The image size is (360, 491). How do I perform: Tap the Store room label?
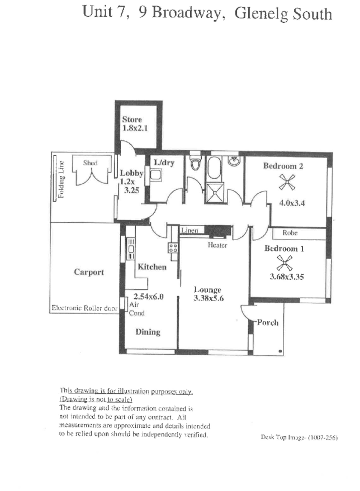(132, 120)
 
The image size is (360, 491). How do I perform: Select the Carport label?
(89, 272)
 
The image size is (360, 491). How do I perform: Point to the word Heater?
(217, 245)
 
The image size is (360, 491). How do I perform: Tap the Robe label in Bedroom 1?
(289, 232)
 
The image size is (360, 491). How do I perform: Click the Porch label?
(267, 322)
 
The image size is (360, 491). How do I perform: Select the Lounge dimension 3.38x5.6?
(208, 298)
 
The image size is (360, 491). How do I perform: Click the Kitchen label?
(152, 267)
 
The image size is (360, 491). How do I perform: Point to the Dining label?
(148, 332)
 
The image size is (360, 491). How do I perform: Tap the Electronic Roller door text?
(83, 308)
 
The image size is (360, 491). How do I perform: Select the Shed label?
(90, 163)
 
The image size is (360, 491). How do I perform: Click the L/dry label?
(163, 162)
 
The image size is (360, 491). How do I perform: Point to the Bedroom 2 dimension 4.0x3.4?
(290, 203)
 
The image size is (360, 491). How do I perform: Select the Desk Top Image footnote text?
(299, 438)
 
